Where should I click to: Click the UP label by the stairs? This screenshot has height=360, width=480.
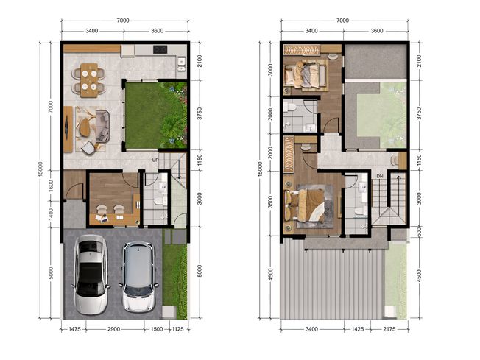point(155,160)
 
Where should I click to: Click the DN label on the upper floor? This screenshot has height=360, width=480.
point(380,176)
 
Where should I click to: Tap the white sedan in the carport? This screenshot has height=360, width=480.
point(91,275)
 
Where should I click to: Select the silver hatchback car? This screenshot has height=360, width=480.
point(138,276)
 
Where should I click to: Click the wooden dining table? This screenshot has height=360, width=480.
point(89,80)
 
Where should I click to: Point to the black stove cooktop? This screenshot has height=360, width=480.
point(160,49)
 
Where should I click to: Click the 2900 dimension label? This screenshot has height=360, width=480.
point(113,329)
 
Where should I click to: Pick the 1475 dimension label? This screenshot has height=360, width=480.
point(74,329)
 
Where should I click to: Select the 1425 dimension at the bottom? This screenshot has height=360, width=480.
point(357,329)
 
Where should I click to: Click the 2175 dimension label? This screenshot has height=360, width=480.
point(389,329)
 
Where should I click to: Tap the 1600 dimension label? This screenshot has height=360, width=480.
point(51,186)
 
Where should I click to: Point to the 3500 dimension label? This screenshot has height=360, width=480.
point(270,202)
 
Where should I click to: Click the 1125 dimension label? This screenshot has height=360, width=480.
point(178,329)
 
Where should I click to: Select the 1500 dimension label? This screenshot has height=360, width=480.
point(157,329)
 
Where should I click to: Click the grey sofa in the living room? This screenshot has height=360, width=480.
point(103,127)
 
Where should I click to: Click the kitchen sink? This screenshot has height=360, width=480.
point(181,64)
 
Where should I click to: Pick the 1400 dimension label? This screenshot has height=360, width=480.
point(51,214)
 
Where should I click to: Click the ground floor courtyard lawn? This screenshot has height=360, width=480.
point(155,115)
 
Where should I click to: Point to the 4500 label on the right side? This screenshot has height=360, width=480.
point(419,276)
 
